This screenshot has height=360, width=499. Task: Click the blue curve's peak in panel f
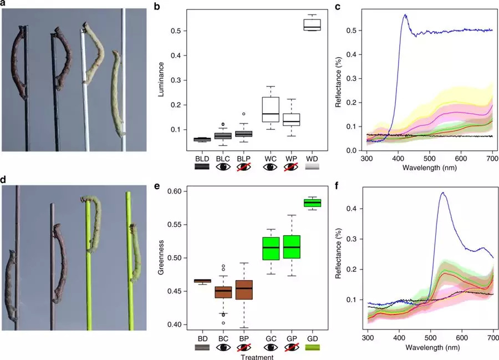442,192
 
